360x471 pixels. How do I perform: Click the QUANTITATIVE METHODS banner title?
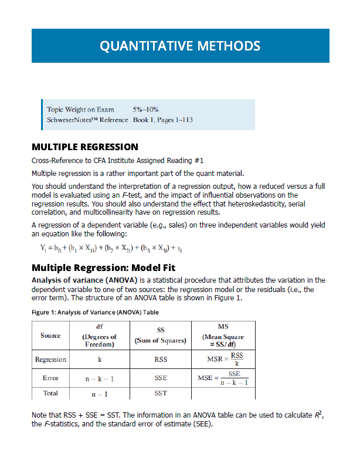180,46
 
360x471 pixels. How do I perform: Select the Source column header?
50,336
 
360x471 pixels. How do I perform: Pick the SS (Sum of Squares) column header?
160,336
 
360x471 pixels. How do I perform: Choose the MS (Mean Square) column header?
222,336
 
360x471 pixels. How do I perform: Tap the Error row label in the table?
50,378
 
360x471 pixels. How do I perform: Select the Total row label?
50,393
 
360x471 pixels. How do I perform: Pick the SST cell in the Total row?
160,393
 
